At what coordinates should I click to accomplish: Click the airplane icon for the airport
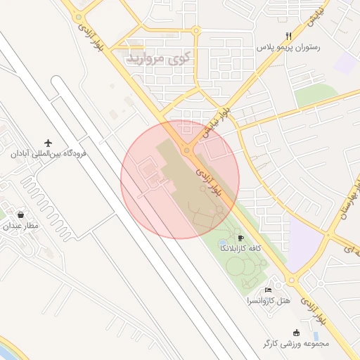[x=49, y=142]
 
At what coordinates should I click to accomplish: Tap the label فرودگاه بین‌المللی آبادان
[x=48, y=153]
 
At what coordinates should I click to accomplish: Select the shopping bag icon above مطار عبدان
[x=22, y=214]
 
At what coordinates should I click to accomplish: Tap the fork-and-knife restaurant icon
[x=288, y=36]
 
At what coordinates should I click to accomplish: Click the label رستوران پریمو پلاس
[x=288, y=47]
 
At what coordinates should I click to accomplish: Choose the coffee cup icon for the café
[x=241, y=238]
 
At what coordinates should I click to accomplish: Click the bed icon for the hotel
[x=268, y=290]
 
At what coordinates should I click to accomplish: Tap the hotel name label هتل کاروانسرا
[x=268, y=301]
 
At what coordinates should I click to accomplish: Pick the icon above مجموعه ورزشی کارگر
[x=296, y=333]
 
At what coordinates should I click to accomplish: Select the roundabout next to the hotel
[x=292, y=282]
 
